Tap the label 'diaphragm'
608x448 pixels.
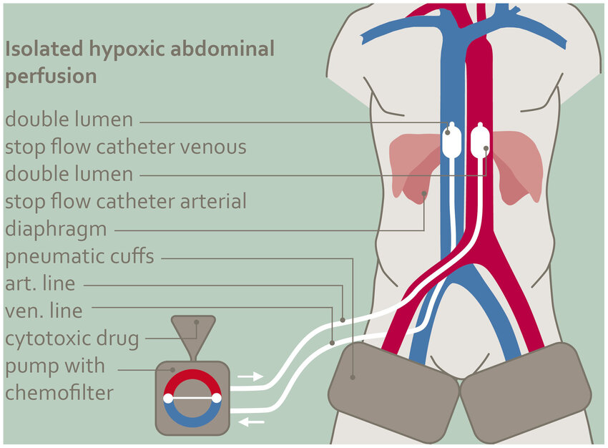pos(56,230)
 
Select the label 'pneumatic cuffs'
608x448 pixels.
pos(79,255)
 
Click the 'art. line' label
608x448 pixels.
pos(40,283)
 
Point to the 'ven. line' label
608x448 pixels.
pos(44,311)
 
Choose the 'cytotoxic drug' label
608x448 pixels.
pos(72,338)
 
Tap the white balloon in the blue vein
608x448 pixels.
pos(451,142)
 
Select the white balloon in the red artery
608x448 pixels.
pos(480,142)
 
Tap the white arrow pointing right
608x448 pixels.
pos(250,376)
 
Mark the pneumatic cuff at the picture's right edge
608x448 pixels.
pos(526,391)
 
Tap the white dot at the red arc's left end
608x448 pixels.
pos(168,398)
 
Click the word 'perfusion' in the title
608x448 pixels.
pos(51,77)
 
